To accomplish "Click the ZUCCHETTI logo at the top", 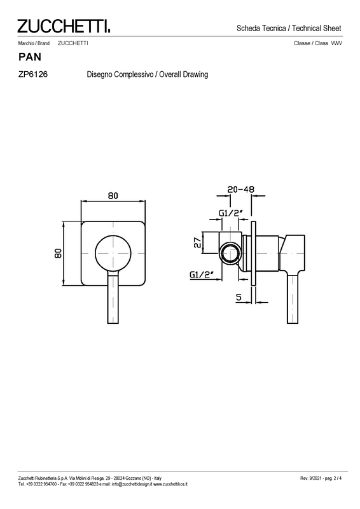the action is click(64, 26).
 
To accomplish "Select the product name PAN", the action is click(30, 57).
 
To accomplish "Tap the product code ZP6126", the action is click(33, 74).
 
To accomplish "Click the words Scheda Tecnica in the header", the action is click(261, 28).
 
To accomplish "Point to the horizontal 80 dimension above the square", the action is click(113, 196).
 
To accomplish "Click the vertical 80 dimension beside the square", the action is click(58, 253).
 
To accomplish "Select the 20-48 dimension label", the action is click(240, 189).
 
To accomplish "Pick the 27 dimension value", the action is click(197, 242).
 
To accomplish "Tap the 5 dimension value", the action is click(239, 297).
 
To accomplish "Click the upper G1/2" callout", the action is click(231, 213).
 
